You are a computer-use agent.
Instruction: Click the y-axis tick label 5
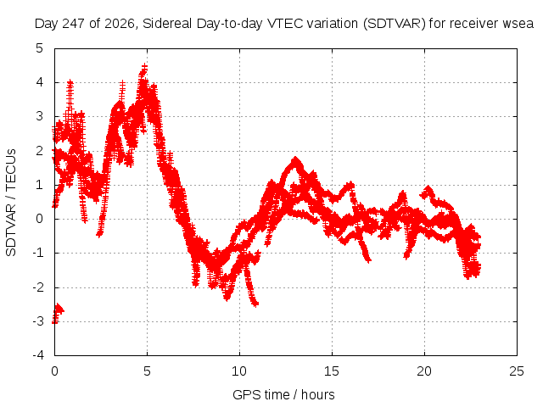[x=40, y=48]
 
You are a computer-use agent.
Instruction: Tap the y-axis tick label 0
[x=40, y=219]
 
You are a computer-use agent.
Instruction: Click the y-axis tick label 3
[x=40, y=116]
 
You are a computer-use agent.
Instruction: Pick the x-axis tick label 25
[x=517, y=371]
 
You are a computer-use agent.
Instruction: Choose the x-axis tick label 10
[x=239, y=371]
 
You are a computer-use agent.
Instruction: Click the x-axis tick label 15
[x=332, y=371]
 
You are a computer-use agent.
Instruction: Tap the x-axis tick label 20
[x=424, y=371]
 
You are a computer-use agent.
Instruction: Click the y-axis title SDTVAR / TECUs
[x=11, y=203]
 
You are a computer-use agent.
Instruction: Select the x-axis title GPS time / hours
[x=283, y=394]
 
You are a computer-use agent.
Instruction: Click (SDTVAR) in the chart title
[x=395, y=24]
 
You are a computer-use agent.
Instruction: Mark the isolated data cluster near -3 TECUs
[x=57, y=313]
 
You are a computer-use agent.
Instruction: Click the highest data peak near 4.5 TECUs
[x=144, y=66]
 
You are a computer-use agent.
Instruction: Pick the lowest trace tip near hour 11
[x=256, y=304]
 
